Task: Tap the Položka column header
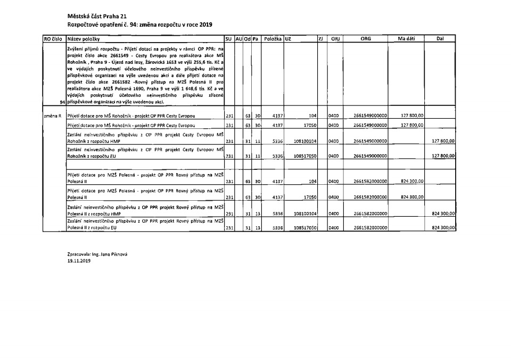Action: pyautogui.click(x=272, y=39)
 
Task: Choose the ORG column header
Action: pyautogui.click(x=366, y=39)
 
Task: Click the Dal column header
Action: pyautogui.click(x=440, y=39)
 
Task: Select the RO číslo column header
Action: pyautogui.click(x=54, y=39)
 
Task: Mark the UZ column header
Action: pyautogui.click(x=288, y=39)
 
